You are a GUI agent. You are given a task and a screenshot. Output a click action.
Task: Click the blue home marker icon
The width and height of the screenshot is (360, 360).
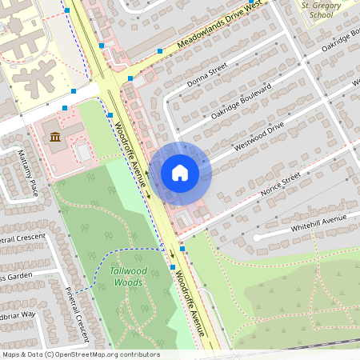pos(180,173)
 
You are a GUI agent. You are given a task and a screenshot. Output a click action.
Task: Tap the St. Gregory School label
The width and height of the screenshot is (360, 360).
pos(316,10)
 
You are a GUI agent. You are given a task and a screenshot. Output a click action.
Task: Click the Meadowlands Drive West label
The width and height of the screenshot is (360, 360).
pos(220,26)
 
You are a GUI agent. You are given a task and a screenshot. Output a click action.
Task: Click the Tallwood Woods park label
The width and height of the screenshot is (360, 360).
pos(127,276)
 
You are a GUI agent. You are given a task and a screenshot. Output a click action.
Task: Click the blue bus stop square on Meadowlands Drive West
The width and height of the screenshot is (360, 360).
pos(160,50)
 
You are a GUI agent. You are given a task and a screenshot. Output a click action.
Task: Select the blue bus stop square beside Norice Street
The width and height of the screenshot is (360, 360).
pos(183,249)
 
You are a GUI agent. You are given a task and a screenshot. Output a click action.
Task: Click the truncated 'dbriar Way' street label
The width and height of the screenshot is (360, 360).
pos(18,314)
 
